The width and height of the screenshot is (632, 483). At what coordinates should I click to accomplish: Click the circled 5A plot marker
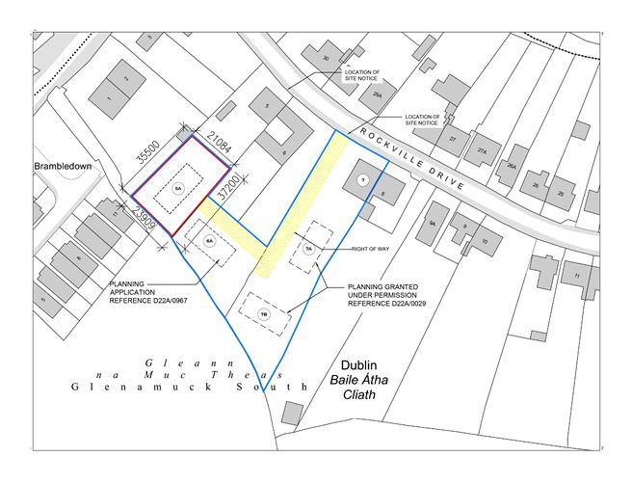[x=177, y=190]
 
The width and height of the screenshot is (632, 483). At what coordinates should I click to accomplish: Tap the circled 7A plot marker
[x=309, y=248]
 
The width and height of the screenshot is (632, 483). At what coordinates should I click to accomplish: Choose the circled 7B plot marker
[x=264, y=313]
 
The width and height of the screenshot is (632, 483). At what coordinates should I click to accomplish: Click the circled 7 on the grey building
[x=362, y=180]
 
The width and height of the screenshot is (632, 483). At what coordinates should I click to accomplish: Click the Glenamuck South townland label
[x=189, y=385]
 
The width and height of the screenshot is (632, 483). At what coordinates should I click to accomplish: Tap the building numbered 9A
[x=433, y=223]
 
